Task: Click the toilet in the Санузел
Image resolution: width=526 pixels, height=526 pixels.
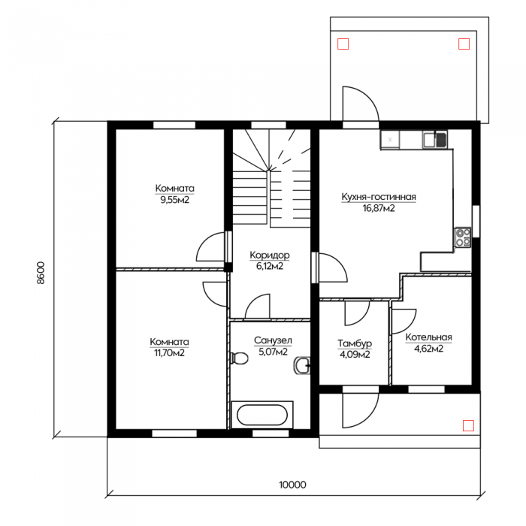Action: pyautogui.click(x=240, y=358)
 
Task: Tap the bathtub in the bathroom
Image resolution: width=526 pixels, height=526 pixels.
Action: pyautogui.click(x=262, y=415)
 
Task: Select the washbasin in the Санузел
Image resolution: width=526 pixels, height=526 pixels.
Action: pyautogui.click(x=302, y=366)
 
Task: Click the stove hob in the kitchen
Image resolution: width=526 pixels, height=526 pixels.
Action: pyautogui.click(x=463, y=238)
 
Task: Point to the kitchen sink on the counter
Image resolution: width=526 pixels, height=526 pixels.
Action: pyautogui.click(x=435, y=140)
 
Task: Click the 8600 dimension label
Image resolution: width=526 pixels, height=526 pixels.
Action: pyautogui.click(x=41, y=273)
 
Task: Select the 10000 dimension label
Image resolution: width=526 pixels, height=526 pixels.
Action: pyautogui.click(x=292, y=485)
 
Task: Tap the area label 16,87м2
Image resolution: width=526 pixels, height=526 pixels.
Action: pyautogui.click(x=379, y=208)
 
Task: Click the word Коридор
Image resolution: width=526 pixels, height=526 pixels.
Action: pyautogui.click(x=270, y=255)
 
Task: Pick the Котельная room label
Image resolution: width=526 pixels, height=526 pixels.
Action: pyautogui.click(x=429, y=337)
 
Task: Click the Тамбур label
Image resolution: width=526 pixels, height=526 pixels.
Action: pyautogui.click(x=355, y=343)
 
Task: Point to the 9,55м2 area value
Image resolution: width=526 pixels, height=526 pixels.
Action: pyautogui.click(x=175, y=201)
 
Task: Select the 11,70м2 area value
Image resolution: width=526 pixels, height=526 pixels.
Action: pyautogui.click(x=169, y=353)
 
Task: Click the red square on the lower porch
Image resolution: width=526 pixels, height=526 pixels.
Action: pyautogui.click(x=468, y=425)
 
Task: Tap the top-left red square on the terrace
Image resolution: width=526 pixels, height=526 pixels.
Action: pyautogui.click(x=343, y=44)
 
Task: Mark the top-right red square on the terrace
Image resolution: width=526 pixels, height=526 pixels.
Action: pyautogui.click(x=464, y=44)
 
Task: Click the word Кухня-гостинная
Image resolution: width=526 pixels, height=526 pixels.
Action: pyautogui.click(x=379, y=197)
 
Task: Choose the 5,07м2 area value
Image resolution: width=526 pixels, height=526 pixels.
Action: pyautogui.click(x=273, y=352)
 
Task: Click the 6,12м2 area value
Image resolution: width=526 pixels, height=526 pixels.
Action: pyautogui.click(x=270, y=266)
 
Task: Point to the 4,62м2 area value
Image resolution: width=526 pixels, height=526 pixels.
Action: pyautogui.click(x=429, y=349)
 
